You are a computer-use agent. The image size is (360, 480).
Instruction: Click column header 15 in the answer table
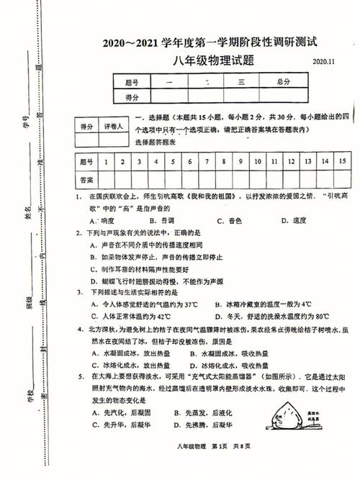(x=342, y=162)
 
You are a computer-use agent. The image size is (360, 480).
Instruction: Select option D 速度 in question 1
(x=295, y=220)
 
